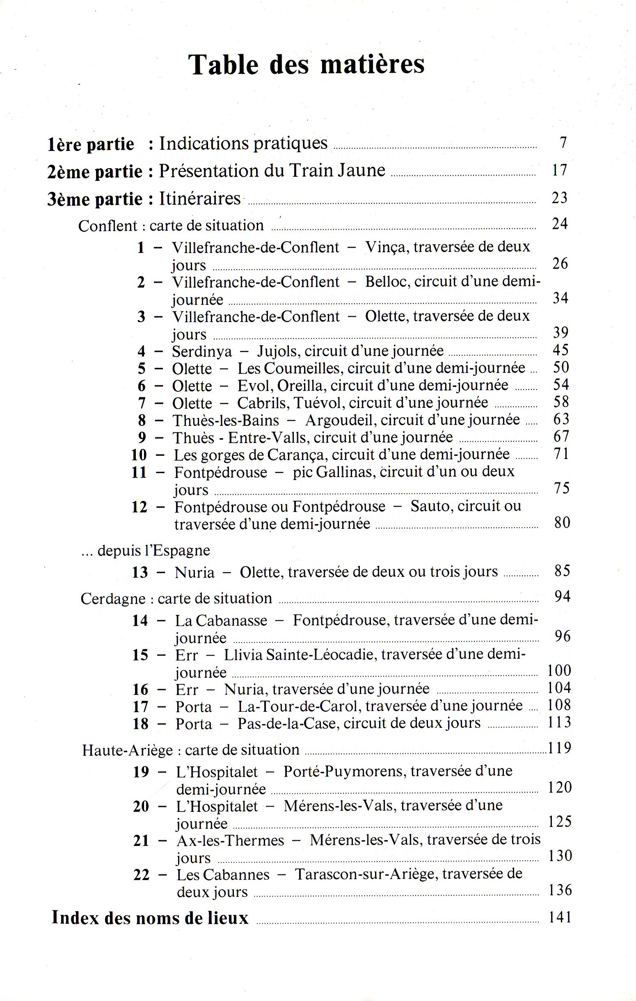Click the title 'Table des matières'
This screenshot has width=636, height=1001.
point(307,64)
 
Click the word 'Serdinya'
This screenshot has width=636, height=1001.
point(202,352)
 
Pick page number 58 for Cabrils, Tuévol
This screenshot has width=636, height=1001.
point(561,402)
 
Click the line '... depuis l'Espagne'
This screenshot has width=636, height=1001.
point(146,551)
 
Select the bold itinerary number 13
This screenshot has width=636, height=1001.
point(140,572)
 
